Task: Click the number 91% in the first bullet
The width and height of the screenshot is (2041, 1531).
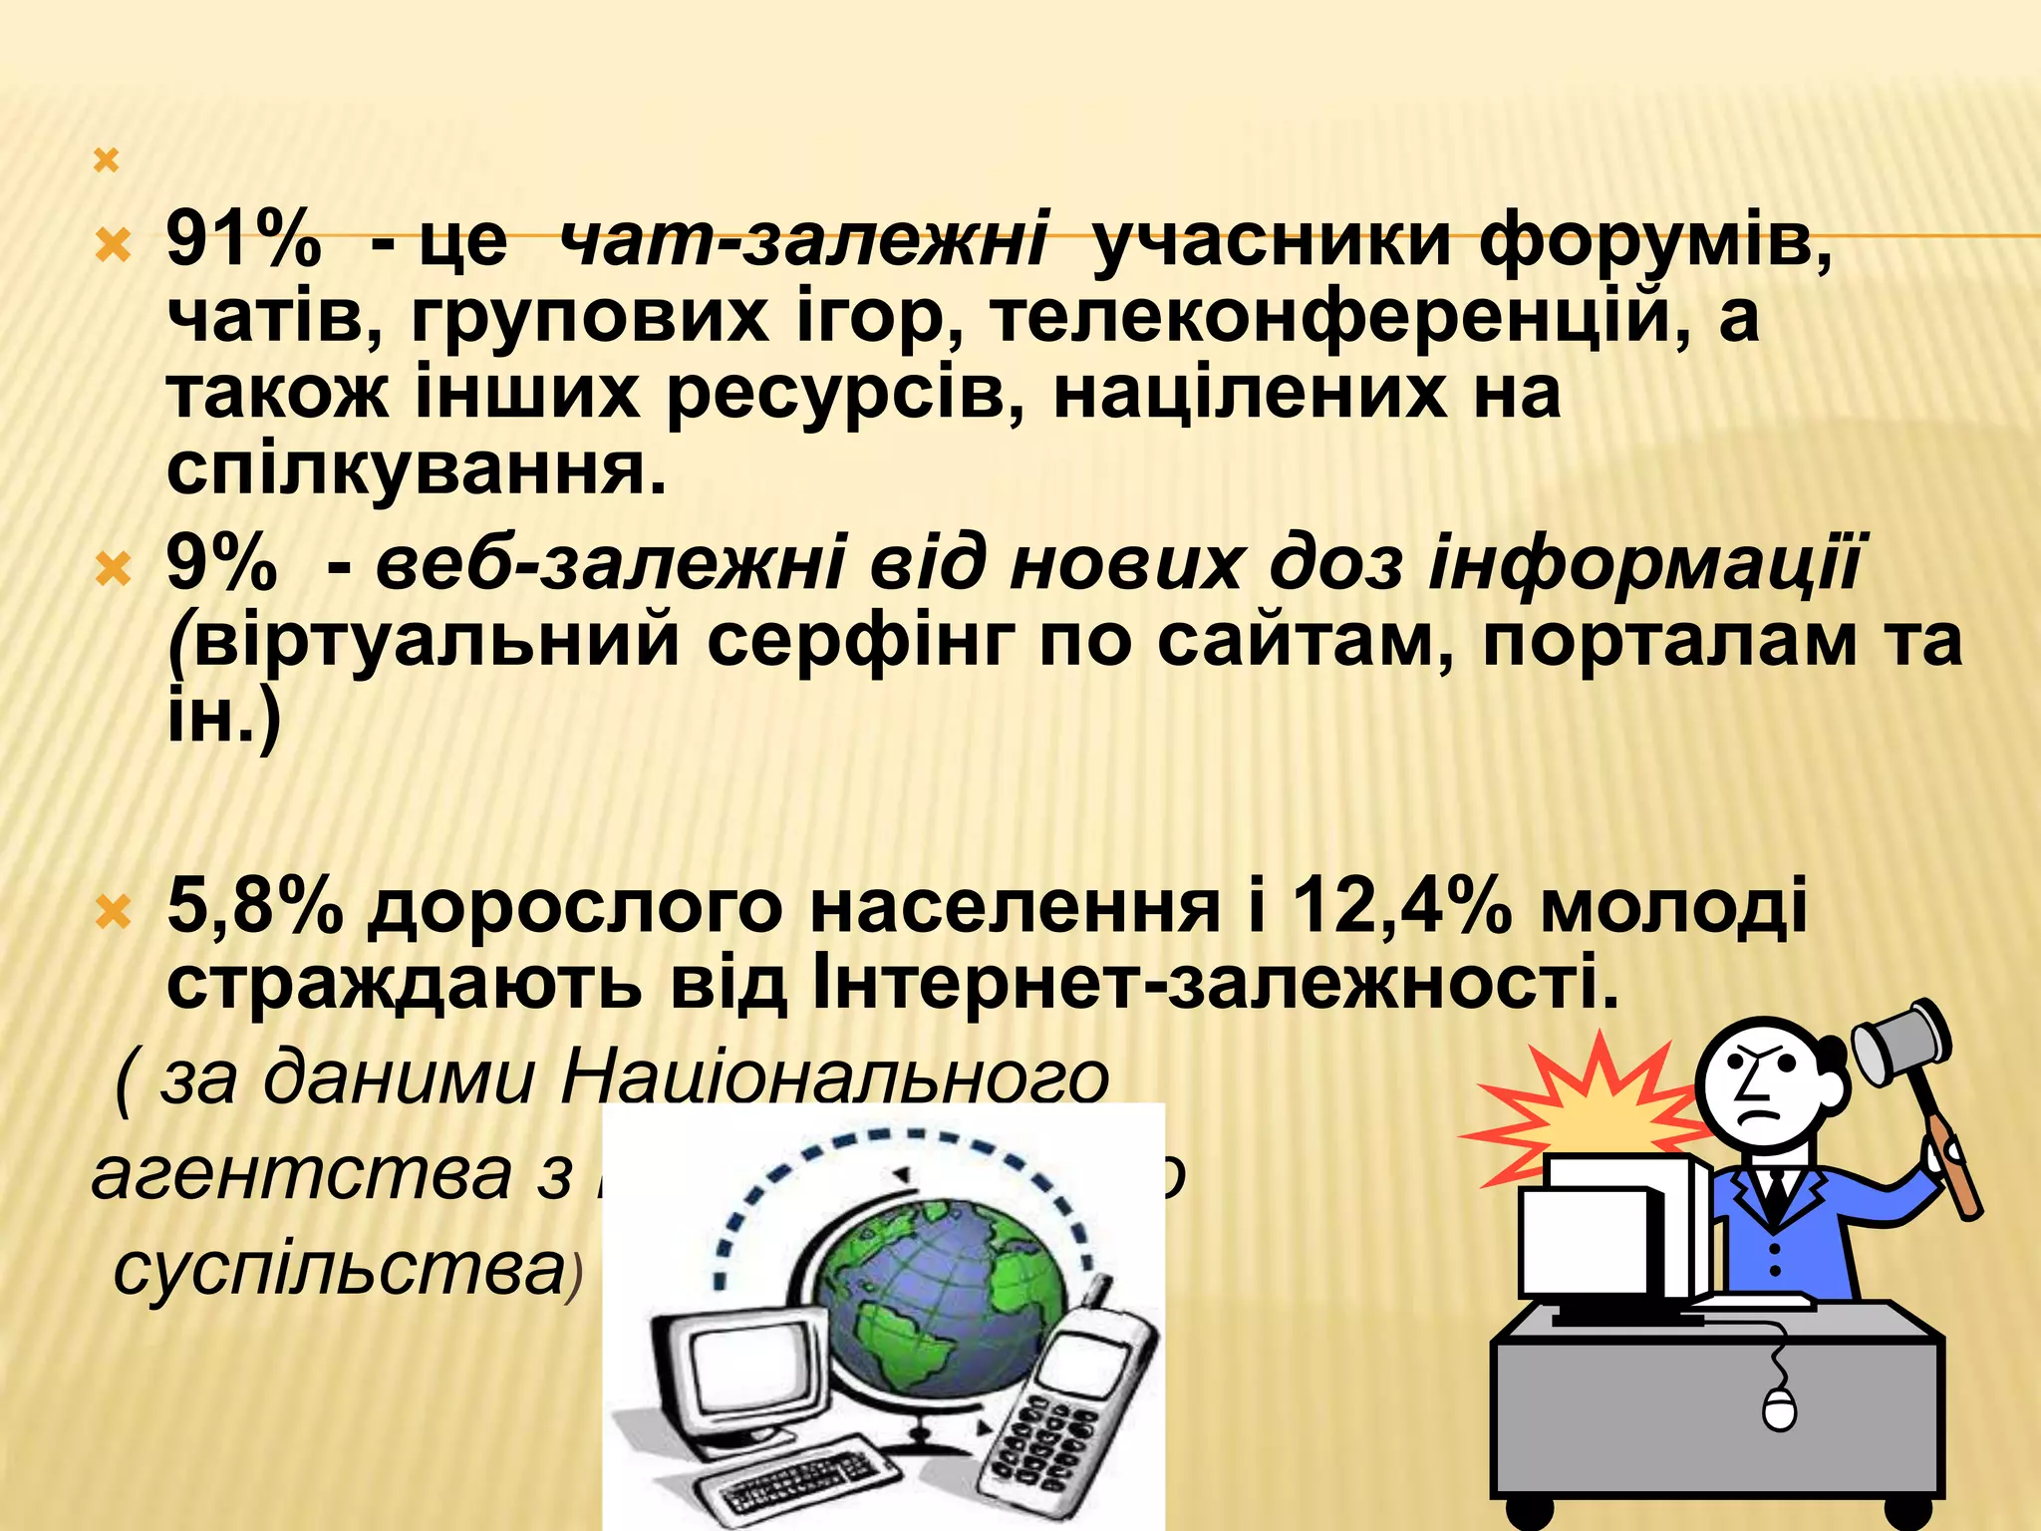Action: [243, 240]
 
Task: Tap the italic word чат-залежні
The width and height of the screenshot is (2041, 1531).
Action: [802, 240]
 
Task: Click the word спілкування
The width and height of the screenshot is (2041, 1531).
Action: [415, 467]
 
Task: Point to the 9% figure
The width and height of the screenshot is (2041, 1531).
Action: [221, 564]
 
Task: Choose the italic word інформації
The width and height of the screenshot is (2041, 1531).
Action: [1643, 564]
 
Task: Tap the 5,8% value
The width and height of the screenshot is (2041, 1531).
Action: [253, 908]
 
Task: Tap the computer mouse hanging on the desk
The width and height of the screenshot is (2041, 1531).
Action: [1779, 1409]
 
